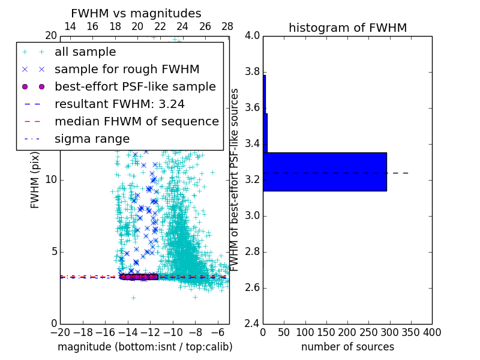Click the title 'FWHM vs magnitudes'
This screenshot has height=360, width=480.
[x=136, y=13]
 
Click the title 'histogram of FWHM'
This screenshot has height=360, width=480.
[x=347, y=28]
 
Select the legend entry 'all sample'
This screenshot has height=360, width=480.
[x=85, y=52]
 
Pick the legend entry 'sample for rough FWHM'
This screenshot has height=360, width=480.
[x=127, y=70]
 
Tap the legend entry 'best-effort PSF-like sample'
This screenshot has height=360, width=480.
[x=135, y=86]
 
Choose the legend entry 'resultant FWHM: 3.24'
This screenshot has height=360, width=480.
[x=119, y=104]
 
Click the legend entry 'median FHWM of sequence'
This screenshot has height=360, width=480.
[x=136, y=121]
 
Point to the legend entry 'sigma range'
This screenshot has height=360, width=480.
[x=92, y=139]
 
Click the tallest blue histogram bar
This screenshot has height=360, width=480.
[x=325, y=172]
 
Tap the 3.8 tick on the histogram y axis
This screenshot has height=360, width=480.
[x=252, y=72]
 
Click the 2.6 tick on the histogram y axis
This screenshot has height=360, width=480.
[x=252, y=287]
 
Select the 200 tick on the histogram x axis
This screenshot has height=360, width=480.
[x=347, y=332]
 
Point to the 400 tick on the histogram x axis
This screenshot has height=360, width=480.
[x=432, y=332]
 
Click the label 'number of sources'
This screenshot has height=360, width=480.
[x=347, y=347]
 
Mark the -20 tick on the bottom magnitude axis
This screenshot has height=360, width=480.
[x=60, y=332]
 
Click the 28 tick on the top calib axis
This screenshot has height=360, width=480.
[x=227, y=26]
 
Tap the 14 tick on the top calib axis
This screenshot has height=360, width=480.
[x=70, y=26]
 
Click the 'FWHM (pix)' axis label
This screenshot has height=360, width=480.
[x=35, y=179]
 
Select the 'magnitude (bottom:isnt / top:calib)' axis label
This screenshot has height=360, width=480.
[x=145, y=347]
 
